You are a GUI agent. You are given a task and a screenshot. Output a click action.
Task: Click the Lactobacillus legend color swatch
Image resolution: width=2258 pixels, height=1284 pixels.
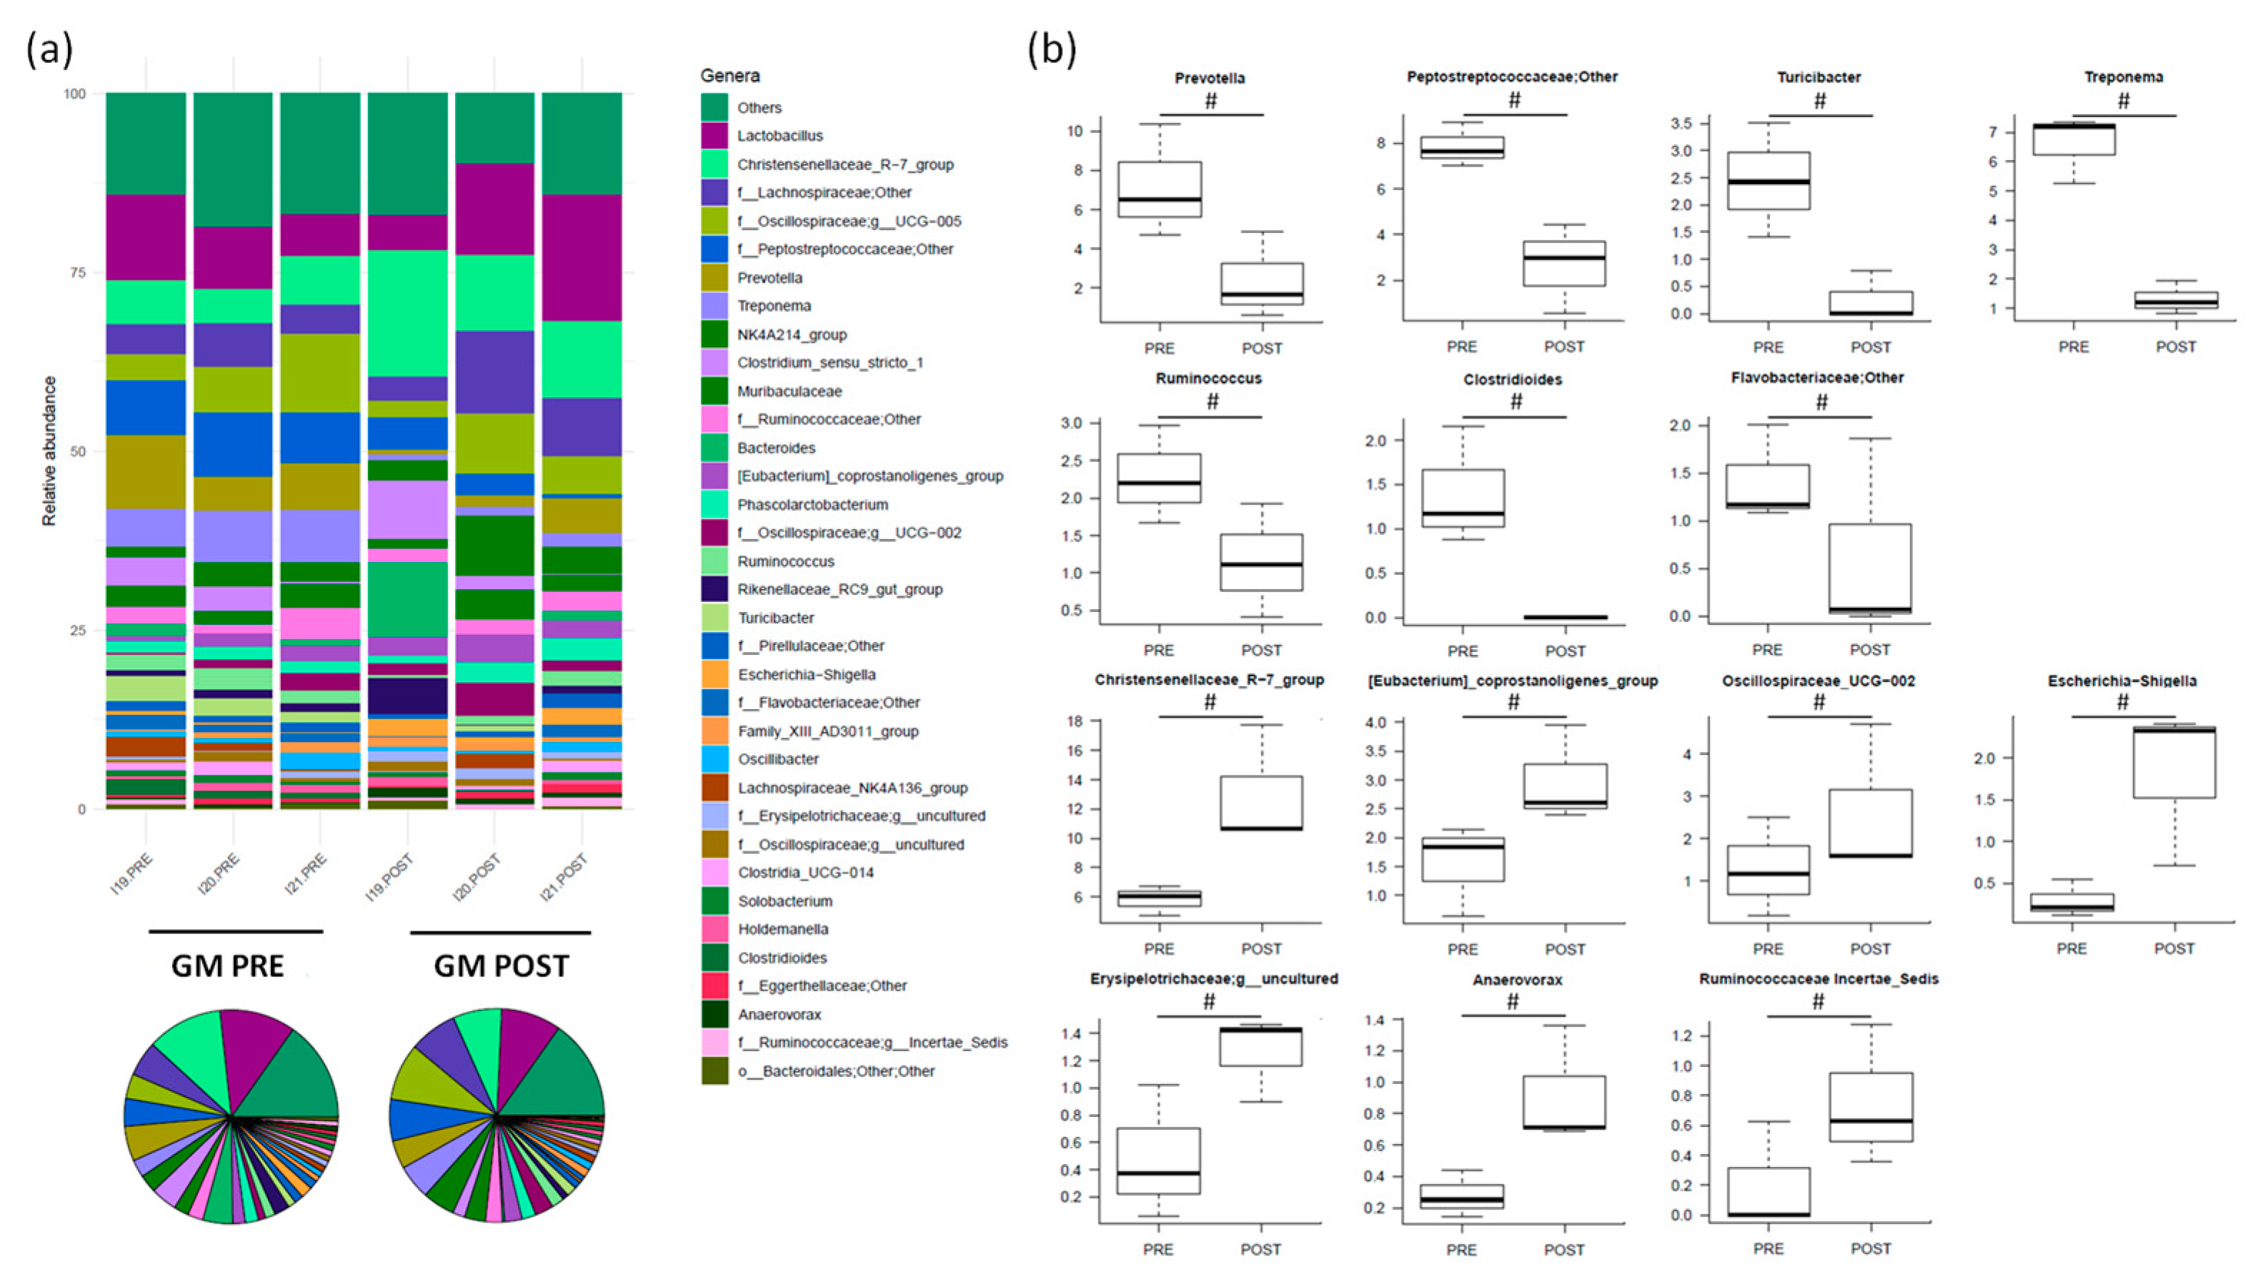tap(714, 136)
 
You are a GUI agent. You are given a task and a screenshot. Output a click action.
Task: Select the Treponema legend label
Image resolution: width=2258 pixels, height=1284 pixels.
tap(774, 306)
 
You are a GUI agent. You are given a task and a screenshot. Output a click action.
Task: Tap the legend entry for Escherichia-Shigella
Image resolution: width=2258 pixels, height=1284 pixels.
tap(806, 675)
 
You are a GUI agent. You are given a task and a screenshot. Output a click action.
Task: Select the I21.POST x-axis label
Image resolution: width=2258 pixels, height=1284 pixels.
tap(564, 878)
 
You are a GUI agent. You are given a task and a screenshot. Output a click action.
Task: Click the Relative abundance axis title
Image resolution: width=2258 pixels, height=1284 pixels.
tap(49, 451)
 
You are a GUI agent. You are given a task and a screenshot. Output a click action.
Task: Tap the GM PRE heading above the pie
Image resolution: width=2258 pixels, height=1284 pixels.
tap(228, 965)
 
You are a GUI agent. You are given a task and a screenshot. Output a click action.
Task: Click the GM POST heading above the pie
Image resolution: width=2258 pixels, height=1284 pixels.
tap(501, 965)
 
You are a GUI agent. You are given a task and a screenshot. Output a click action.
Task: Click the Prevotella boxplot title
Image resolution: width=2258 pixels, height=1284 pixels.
tap(1209, 79)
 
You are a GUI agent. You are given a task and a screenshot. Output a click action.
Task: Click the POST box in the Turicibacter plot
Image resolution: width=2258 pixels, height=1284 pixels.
tap(1870, 303)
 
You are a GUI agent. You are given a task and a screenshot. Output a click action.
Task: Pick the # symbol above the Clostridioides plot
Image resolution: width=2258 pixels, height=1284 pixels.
tap(1515, 402)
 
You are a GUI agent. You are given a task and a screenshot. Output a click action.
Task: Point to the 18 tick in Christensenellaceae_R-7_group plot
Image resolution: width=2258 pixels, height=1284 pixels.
tap(1075, 721)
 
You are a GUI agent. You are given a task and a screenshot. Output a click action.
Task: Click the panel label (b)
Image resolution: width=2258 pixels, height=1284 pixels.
tap(1051, 49)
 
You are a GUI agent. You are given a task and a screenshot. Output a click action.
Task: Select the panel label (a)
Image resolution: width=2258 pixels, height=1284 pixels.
tap(49, 49)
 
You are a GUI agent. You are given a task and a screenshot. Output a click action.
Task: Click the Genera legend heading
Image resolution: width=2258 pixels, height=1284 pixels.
tap(729, 76)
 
